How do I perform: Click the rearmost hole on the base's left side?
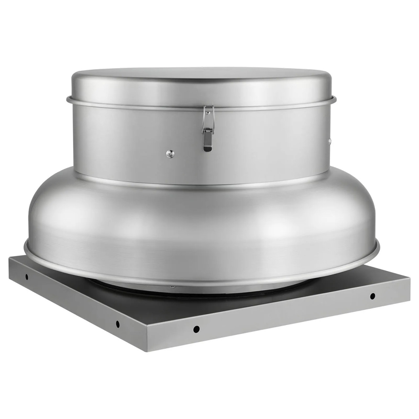point(27,277)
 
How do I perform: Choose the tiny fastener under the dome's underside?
point(172,287)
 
